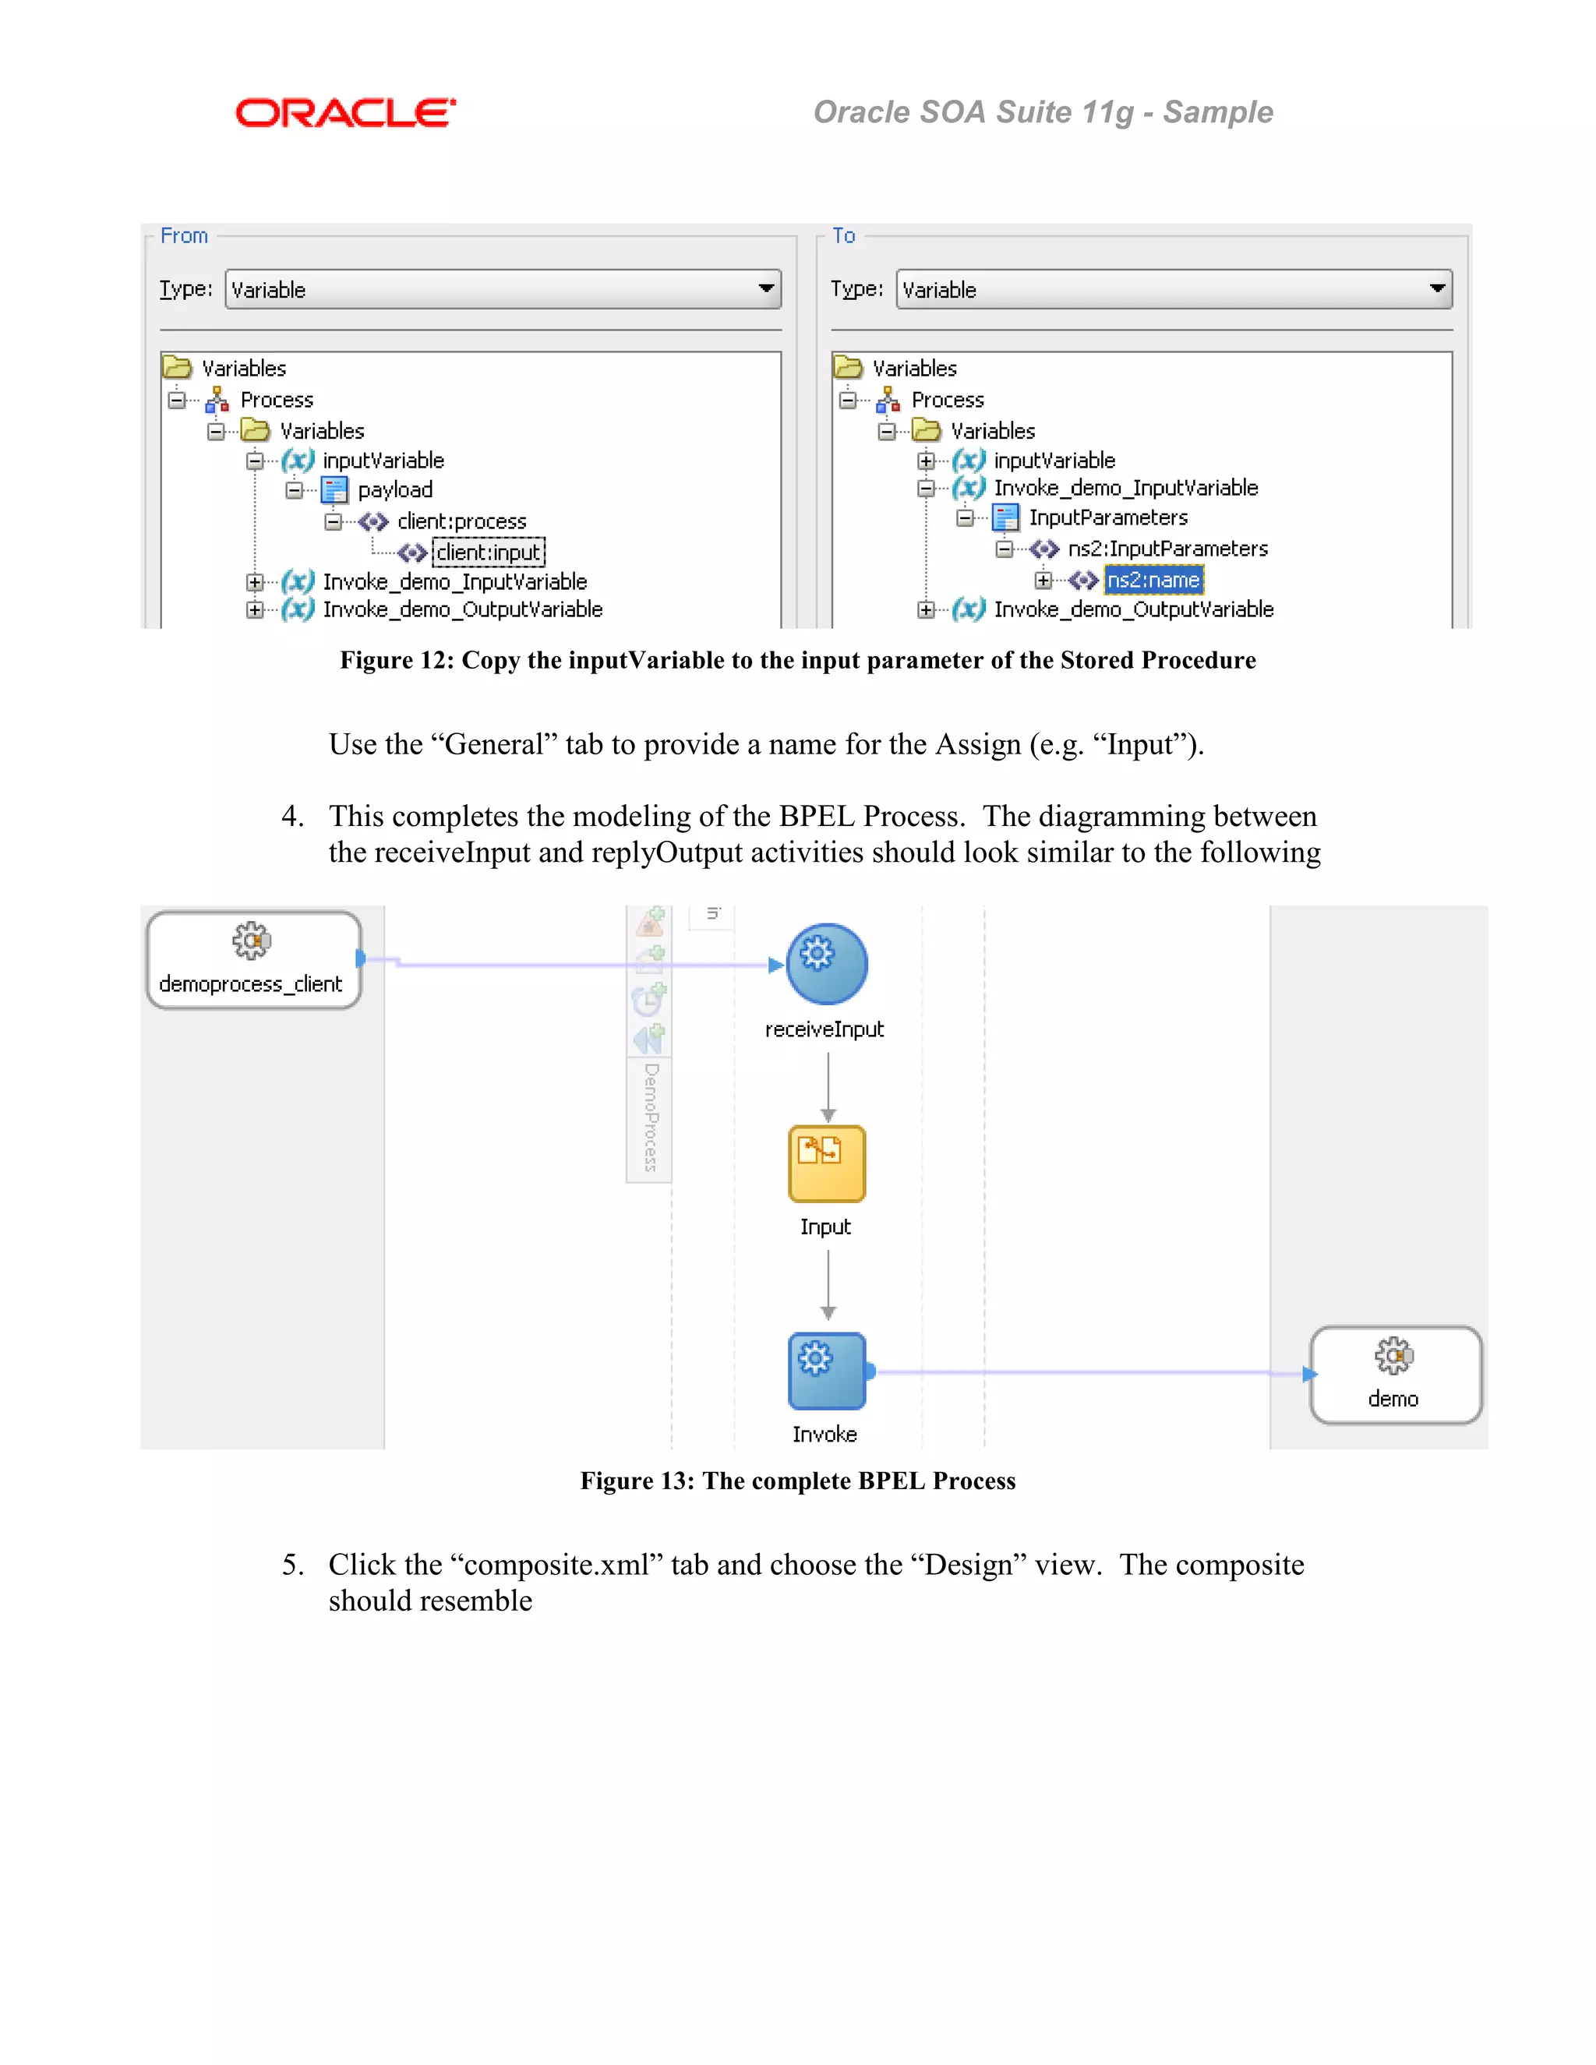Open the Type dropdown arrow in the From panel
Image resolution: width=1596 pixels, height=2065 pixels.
coord(766,288)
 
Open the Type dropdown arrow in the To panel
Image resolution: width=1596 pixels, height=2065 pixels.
coord(1437,288)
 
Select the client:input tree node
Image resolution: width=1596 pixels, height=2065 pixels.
coord(488,552)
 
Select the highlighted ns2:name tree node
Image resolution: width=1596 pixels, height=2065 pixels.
coord(1153,580)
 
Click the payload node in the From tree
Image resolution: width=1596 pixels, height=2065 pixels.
coord(394,490)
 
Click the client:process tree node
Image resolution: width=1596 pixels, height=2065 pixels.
coord(461,521)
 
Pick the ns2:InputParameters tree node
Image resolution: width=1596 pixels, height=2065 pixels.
coord(1167,549)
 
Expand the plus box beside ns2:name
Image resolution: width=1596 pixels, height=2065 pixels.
coord(1042,580)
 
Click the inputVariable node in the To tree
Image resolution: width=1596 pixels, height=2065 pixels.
coord(1054,461)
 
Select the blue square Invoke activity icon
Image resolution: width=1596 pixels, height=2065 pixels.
coord(826,1370)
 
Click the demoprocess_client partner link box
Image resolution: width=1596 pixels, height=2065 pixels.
coord(252,961)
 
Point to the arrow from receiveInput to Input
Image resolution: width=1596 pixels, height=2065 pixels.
coord(828,1087)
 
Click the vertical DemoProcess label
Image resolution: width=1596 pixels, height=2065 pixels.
coord(651,1117)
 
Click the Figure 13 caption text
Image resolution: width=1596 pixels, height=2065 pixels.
coord(797,1481)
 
